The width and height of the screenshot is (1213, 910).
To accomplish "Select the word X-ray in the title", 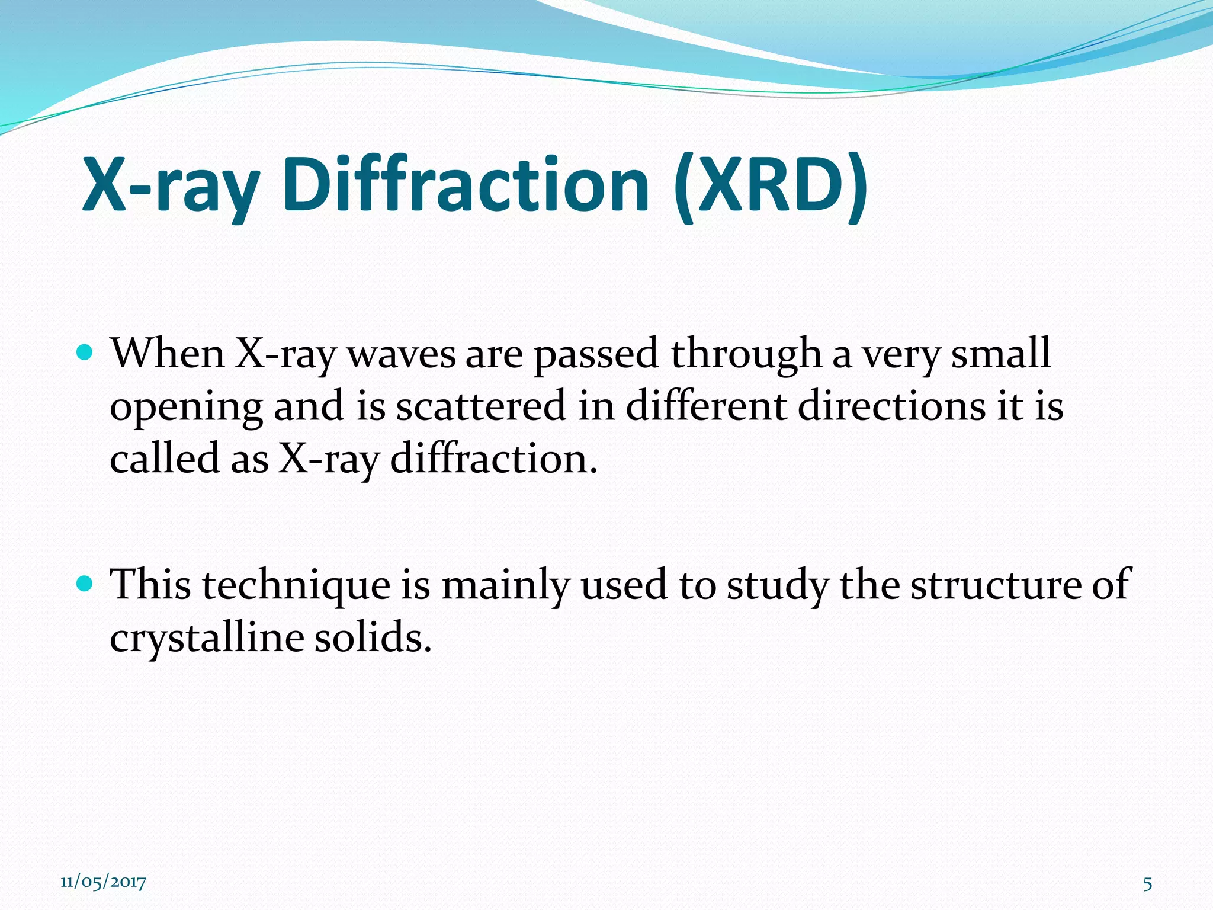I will tap(170, 185).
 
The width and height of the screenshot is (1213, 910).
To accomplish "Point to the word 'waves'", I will tap(401, 354).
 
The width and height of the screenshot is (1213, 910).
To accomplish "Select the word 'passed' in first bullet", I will tap(596, 354).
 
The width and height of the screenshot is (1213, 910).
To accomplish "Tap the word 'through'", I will tap(746, 354).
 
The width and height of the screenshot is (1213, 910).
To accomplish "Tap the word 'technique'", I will tap(296, 585).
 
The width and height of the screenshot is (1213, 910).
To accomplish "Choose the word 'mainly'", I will tap(505, 585).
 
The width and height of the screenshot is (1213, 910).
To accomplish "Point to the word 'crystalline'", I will tap(206, 639).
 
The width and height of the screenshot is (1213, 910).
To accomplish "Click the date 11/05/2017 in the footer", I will tap(103, 882).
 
